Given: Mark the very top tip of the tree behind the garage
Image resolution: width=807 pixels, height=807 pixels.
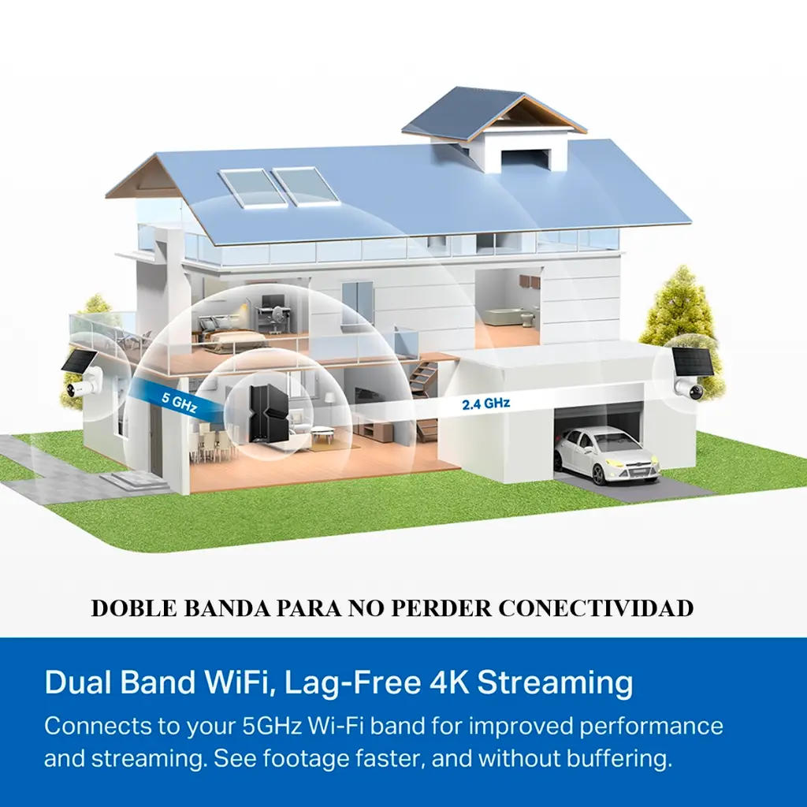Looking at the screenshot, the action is pyautogui.click(x=683, y=266).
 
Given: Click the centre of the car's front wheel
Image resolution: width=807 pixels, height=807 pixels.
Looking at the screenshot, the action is pyautogui.click(x=598, y=475).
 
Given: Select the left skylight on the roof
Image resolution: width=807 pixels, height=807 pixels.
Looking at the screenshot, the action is pyautogui.click(x=251, y=188).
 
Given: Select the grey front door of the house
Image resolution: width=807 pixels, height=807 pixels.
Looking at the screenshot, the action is pyautogui.click(x=155, y=439).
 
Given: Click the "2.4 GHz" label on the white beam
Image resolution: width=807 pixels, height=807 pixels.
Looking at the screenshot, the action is pyautogui.click(x=485, y=403).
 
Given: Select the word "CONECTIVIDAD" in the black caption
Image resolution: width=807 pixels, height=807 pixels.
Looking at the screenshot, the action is pyautogui.click(x=596, y=608).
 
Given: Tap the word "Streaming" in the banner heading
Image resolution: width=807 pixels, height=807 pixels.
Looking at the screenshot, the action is pyautogui.click(x=555, y=684).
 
